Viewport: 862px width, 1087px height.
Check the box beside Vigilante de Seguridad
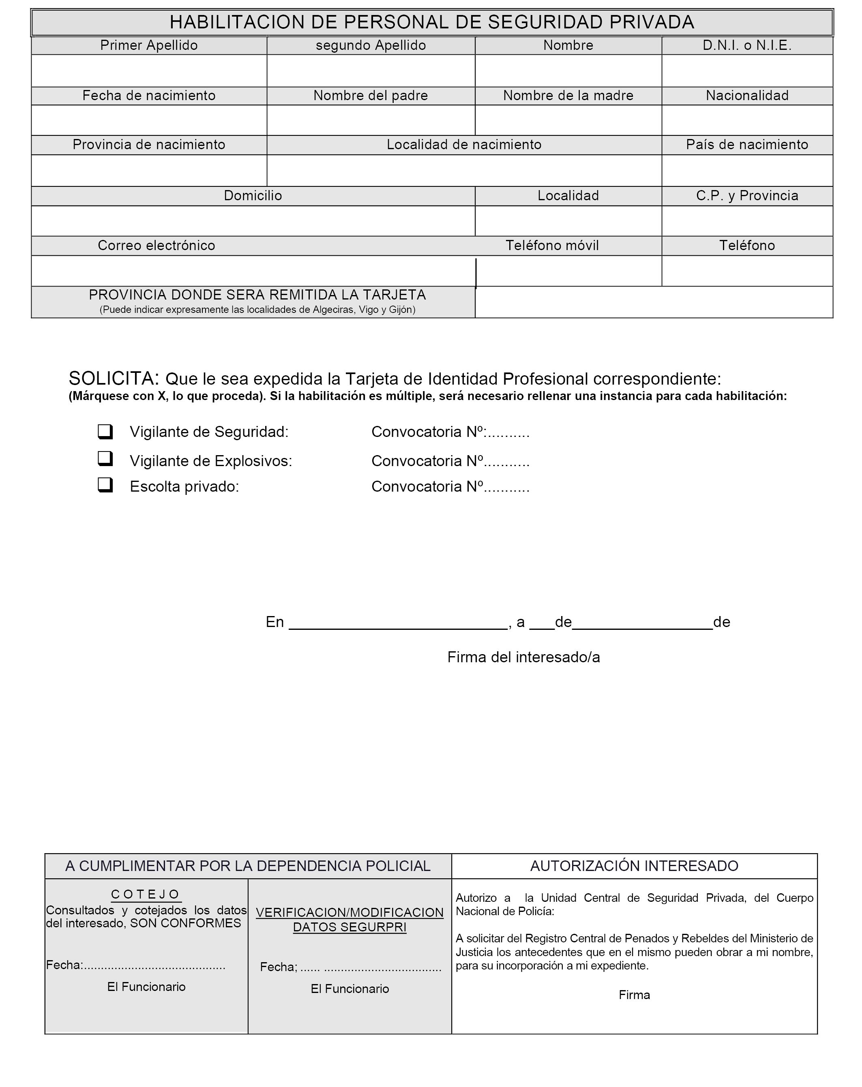coord(105,432)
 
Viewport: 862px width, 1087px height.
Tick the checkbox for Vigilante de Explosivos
coord(105,458)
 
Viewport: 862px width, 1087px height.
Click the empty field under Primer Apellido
coord(149,71)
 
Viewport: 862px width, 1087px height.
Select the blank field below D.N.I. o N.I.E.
coord(746,71)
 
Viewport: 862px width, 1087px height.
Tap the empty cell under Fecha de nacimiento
coord(149,120)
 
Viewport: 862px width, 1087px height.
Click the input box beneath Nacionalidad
coord(746,120)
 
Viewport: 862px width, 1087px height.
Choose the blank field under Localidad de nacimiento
coord(463,170)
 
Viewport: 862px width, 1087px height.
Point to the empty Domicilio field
coord(253,221)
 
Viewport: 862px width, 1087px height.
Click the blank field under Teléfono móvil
coord(568,271)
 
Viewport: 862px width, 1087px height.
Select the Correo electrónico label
coord(157,246)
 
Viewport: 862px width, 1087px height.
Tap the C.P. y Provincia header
coord(746,196)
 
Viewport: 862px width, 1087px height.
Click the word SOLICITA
coord(114,378)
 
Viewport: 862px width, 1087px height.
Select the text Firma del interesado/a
coord(523,657)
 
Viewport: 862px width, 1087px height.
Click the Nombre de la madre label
coord(568,96)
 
